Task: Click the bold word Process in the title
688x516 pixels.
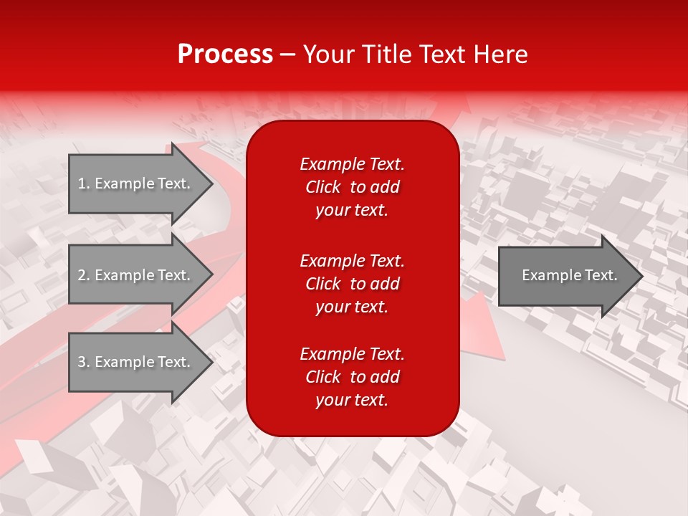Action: click(225, 54)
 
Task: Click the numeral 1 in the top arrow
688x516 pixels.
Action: click(81, 183)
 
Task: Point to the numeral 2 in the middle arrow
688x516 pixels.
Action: click(82, 275)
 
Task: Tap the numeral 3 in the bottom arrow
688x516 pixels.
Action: click(82, 362)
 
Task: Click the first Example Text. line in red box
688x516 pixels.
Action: click(352, 164)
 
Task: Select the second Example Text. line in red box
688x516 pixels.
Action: click(352, 261)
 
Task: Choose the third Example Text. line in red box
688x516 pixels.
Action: click(352, 354)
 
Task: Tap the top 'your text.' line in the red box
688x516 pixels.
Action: click(352, 210)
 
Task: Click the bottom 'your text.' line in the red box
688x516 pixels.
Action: click(352, 400)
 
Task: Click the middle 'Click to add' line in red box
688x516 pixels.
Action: click(352, 284)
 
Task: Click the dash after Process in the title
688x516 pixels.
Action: click(288, 55)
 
